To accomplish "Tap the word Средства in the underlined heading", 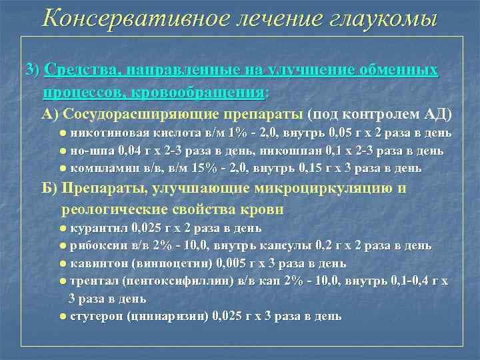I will click(79, 71).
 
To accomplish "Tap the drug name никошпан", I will click(303, 151).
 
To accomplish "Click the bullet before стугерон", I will click(63, 315).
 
